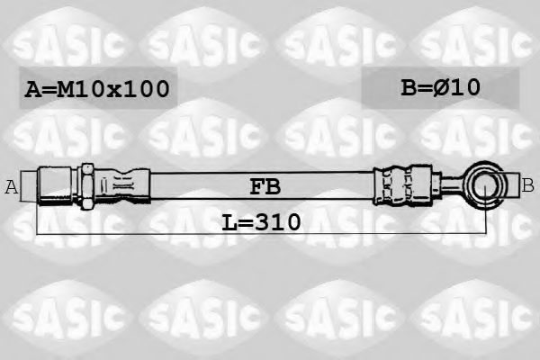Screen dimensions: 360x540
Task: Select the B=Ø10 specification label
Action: (439, 87)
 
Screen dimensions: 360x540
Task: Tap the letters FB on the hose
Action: (265, 186)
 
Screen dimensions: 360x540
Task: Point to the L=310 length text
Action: (261, 221)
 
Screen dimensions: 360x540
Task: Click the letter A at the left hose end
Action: (12, 187)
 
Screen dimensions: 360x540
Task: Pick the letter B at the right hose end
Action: (528, 186)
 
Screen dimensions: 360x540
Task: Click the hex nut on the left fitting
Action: (87, 185)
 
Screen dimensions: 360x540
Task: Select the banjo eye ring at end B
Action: (487, 186)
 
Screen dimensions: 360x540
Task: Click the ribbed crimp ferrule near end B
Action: (397, 186)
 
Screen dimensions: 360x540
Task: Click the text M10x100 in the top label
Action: (112, 88)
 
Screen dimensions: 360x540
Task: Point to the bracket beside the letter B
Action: (515, 186)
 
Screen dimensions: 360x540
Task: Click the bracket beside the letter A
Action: (26, 186)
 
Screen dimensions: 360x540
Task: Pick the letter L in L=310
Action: (229, 221)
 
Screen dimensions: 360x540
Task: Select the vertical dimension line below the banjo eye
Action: (487, 220)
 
